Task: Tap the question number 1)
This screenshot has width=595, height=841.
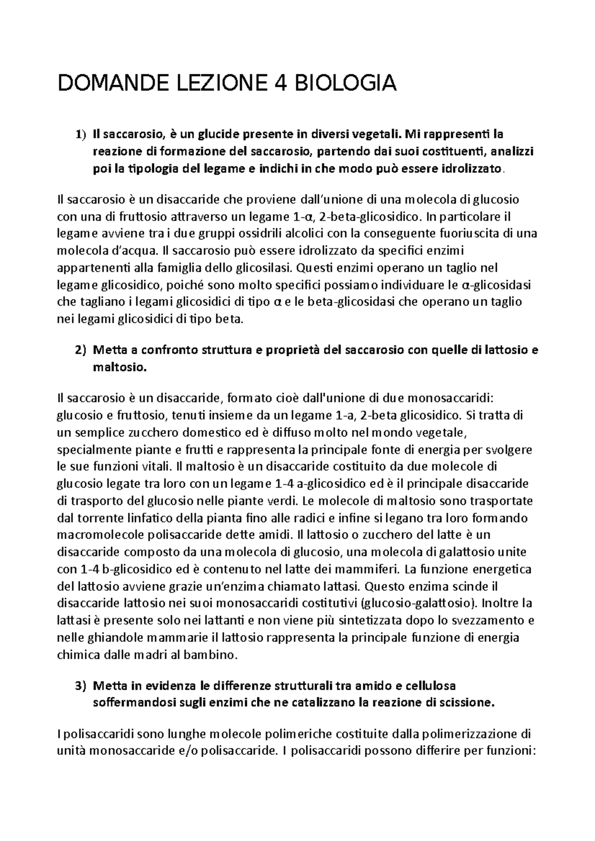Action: pos(80,134)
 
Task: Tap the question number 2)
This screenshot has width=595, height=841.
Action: pos(80,350)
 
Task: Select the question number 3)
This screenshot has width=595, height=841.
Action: pos(80,686)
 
